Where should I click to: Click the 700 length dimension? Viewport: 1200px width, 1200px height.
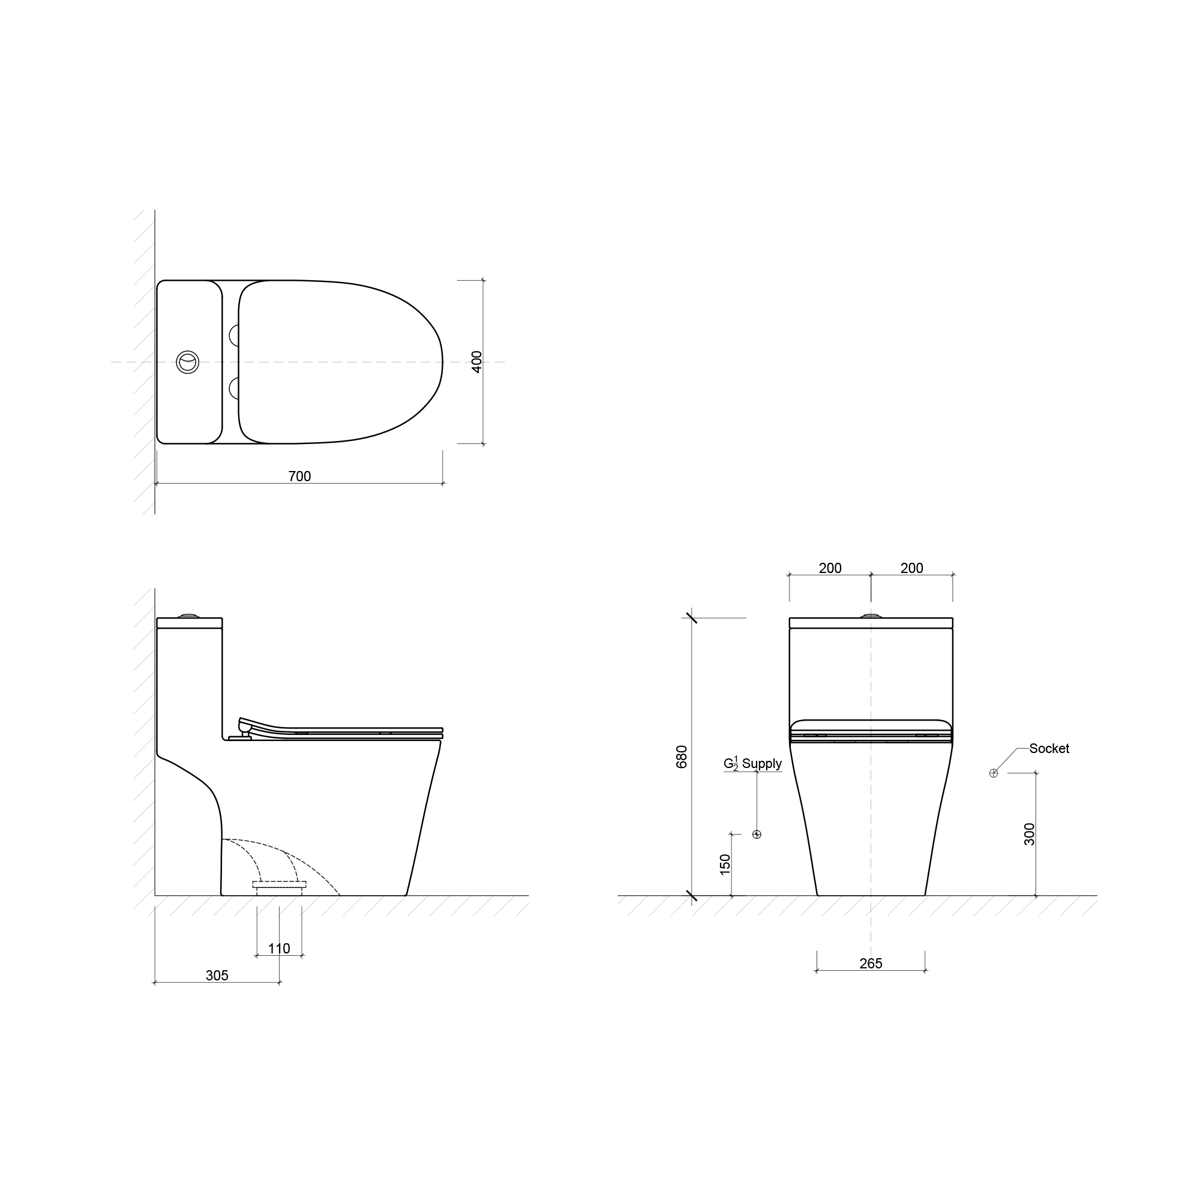pyautogui.click(x=299, y=476)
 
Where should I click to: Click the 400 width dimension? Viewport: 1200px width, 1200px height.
pyautogui.click(x=477, y=362)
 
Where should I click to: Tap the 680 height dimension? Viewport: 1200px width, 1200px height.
pyautogui.click(x=682, y=757)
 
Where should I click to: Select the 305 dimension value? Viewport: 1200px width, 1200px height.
pyautogui.click(x=217, y=976)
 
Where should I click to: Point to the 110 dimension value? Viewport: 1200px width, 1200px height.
pyautogui.click(x=279, y=949)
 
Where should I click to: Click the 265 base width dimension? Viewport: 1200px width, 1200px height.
pyautogui.click(x=871, y=964)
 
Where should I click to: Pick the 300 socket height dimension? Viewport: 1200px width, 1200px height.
pyautogui.click(x=1030, y=833)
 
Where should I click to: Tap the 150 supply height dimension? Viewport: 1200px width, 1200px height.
pyautogui.click(x=725, y=865)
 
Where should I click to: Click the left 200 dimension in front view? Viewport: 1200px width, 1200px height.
pyautogui.click(x=830, y=568)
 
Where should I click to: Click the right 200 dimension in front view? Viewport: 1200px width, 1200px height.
pyautogui.click(x=912, y=568)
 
